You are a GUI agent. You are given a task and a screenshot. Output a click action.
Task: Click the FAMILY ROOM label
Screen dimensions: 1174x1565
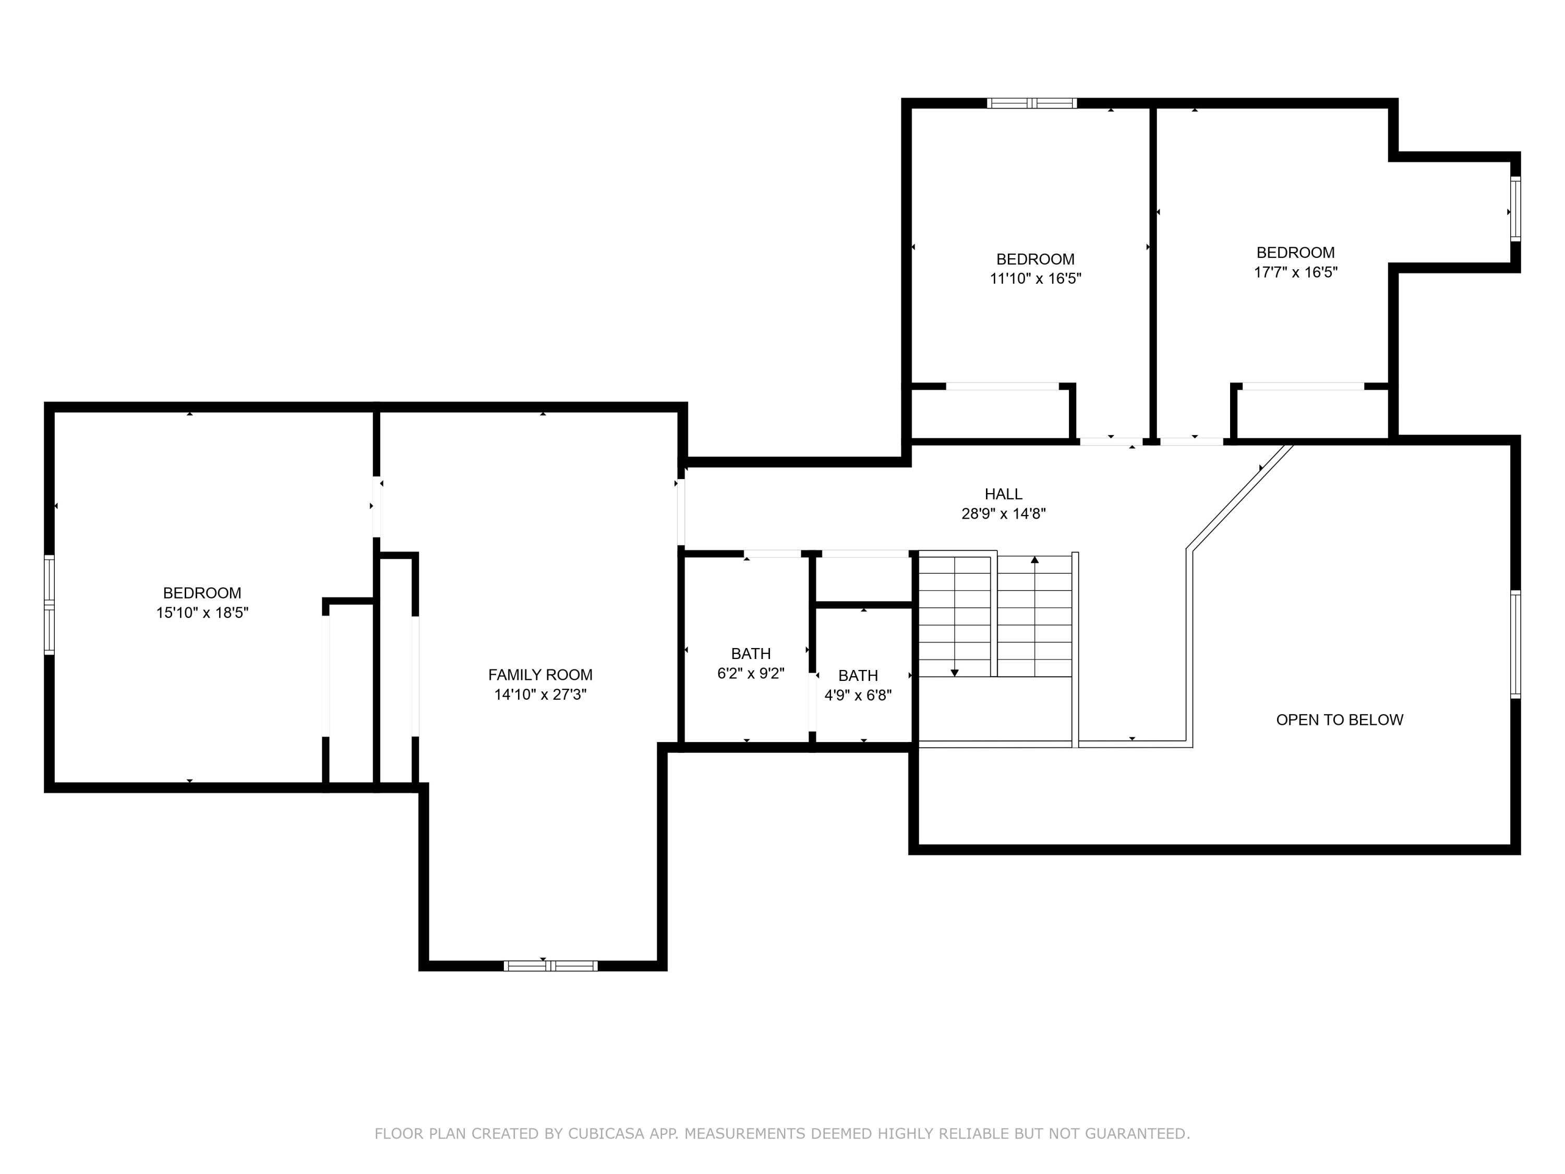pyautogui.click(x=540, y=675)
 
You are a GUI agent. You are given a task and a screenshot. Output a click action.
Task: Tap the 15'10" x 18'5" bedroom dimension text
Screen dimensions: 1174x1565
pyautogui.click(x=202, y=613)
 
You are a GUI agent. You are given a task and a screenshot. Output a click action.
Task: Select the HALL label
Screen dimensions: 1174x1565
pyautogui.click(x=1003, y=494)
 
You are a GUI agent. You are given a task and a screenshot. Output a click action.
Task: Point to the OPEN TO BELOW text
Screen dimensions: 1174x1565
pyautogui.click(x=1339, y=720)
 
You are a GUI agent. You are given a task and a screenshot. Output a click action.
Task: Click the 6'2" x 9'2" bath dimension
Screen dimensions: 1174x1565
pyautogui.click(x=751, y=673)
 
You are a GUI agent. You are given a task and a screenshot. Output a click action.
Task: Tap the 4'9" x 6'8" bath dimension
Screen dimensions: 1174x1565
pyautogui.click(x=858, y=696)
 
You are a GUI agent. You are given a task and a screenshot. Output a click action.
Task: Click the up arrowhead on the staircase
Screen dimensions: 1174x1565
pyautogui.click(x=1034, y=560)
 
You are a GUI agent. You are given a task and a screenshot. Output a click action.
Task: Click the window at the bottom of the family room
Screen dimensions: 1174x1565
pyautogui.click(x=550, y=966)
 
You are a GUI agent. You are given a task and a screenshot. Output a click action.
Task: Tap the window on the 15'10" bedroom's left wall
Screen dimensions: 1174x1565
pyautogui.click(x=49, y=605)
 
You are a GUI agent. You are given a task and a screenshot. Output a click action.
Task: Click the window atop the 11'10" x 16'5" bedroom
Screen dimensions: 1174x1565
pyautogui.click(x=1031, y=103)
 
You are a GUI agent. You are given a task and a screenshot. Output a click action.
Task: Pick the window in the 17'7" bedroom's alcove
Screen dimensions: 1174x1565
pyautogui.click(x=1515, y=209)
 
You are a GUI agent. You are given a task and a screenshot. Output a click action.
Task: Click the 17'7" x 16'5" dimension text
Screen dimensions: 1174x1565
pyautogui.click(x=1295, y=272)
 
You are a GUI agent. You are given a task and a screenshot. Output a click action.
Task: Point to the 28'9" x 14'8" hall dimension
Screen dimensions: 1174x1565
pyautogui.click(x=1003, y=514)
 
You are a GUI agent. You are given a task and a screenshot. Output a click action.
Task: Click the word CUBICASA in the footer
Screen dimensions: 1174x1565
pyautogui.click(x=606, y=1134)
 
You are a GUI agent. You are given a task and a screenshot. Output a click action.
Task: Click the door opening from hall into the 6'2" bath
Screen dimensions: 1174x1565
pyautogui.click(x=772, y=554)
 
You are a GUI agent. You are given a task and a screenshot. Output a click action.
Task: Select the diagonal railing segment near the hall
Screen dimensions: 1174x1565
pyautogui.click(x=1239, y=497)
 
